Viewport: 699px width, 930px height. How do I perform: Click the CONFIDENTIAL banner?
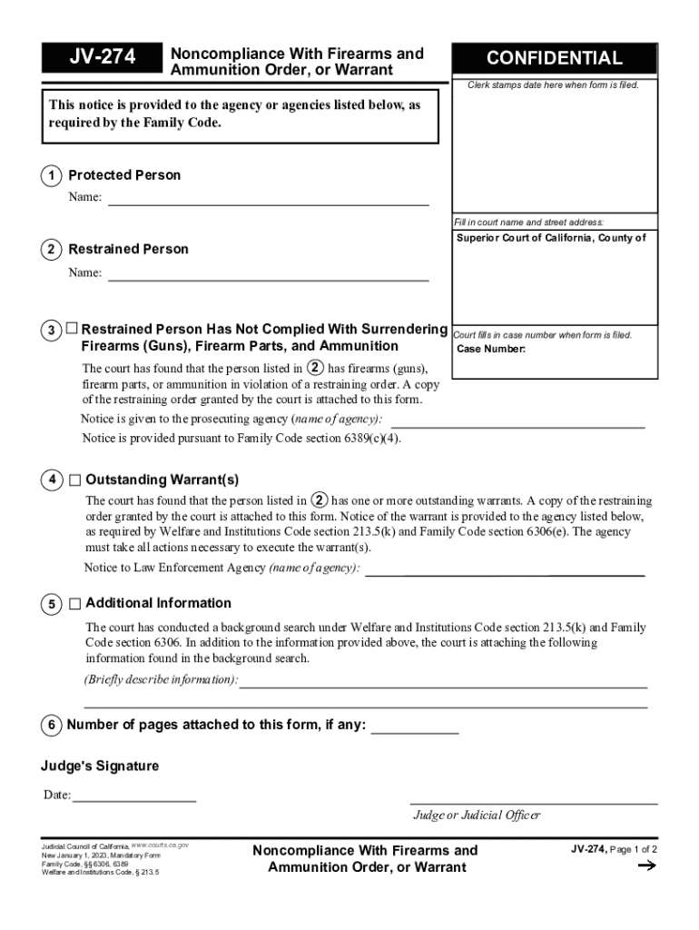[554, 58]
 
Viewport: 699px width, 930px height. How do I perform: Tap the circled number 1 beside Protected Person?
[51, 175]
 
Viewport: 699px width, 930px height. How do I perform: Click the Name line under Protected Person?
[268, 199]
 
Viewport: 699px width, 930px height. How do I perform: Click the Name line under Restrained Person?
[268, 273]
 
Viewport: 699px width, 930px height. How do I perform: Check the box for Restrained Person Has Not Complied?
[72, 329]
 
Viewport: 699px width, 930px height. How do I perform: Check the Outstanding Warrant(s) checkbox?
[74, 480]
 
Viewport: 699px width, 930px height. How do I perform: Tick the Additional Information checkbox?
[74, 603]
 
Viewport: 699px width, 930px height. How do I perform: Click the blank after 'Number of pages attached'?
[415, 726]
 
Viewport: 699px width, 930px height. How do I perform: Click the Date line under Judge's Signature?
[134, 796]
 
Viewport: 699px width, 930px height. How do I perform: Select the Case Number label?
[490, 350]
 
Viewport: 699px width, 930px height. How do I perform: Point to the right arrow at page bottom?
[646, 866]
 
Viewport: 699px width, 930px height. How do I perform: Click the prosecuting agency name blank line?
[517, 420]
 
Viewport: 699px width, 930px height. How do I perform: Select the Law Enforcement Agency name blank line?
[504, 569]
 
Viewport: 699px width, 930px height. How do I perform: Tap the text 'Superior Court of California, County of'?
[551, 238]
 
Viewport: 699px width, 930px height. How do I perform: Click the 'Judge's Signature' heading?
[100, 767]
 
